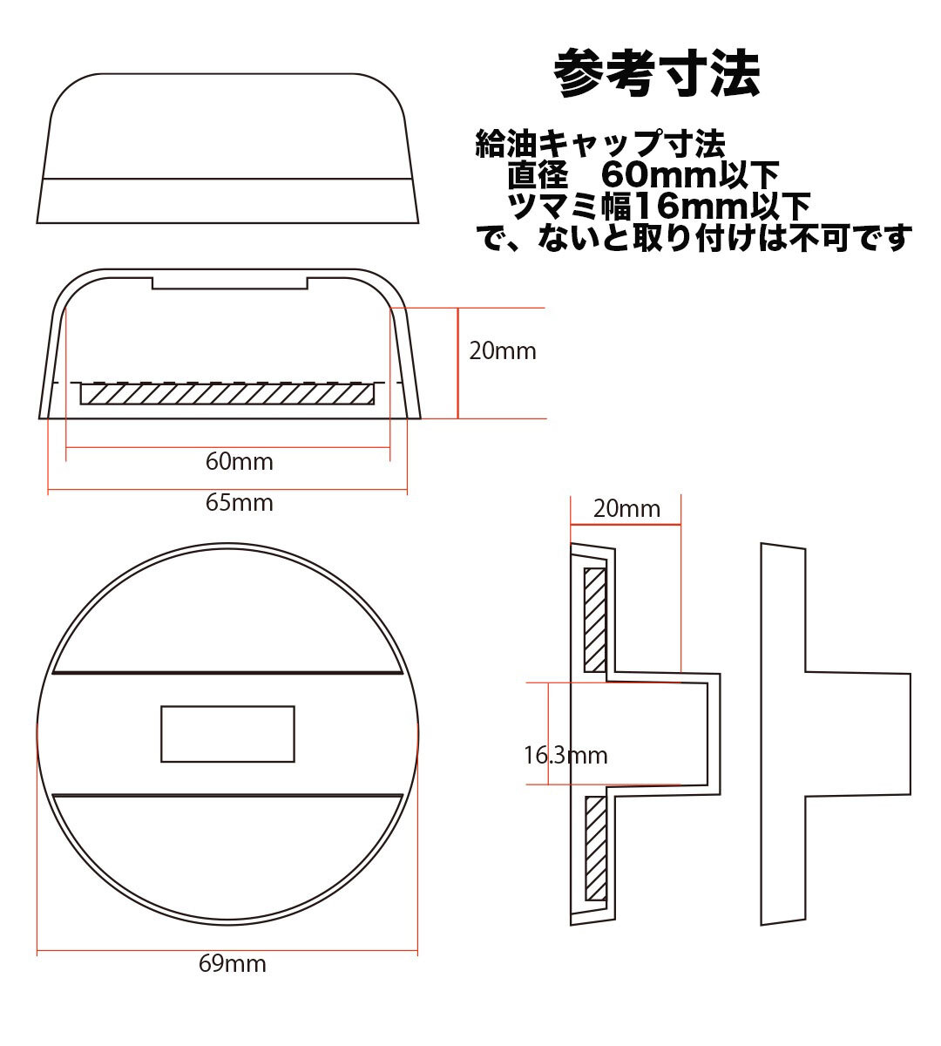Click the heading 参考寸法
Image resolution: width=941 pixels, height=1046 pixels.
pos(656,73)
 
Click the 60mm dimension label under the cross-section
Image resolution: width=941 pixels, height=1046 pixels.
pos(240,461)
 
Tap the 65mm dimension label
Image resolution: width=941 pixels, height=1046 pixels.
pos(240,503)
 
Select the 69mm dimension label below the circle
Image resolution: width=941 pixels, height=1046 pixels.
pos(233,963)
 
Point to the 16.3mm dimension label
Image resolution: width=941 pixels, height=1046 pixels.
pos(565,755)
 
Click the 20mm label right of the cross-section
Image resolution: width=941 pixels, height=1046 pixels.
pos(503,351)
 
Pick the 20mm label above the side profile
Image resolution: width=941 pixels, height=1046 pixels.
pos(626,508)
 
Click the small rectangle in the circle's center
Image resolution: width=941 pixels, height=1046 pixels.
pos(227,734)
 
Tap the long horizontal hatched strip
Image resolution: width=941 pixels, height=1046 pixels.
pos(227,394)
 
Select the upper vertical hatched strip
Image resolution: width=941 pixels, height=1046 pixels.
pos(595,620)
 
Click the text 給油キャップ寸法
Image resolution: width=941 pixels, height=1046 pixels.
pos(600,144)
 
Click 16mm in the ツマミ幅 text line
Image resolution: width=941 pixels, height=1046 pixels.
pos(692,206)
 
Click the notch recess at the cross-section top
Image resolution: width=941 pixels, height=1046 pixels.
pos(230,283)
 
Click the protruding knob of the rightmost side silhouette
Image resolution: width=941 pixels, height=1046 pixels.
pos(857,734)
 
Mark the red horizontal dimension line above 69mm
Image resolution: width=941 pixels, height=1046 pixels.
pos(227,950)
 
